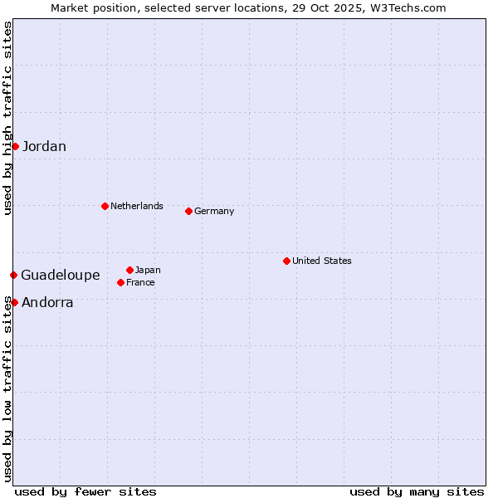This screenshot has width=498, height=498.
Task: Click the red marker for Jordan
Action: coord(15,146)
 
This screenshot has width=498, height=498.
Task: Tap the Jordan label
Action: coord(44,147)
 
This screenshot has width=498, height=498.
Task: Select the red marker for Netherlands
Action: coord(105,206)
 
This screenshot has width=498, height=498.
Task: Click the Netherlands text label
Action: coord(137,206)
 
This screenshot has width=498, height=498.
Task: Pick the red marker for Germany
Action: coord(188,211)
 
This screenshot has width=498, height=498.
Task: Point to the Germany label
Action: coord(214,211)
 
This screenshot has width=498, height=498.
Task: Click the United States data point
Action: coord(286,261)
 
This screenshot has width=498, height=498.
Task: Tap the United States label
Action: coord(322,261)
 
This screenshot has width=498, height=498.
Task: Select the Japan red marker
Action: coord(129,270)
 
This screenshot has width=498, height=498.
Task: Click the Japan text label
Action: coord(148,270)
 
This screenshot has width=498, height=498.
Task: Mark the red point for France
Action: coord(120,282)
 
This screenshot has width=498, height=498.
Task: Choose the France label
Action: coord(140,282)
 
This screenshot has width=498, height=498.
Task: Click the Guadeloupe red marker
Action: coord(13,275)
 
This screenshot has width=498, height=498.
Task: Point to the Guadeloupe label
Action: coord(61,276)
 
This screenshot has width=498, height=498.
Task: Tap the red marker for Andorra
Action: coord(14,302)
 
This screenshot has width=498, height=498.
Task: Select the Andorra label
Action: coord(47,303)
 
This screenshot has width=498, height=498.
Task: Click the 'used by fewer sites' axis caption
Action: coord(85,491)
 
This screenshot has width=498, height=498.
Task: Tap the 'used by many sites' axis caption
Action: coord(417,491)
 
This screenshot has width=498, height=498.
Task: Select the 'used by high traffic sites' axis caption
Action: coord(7,118)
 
